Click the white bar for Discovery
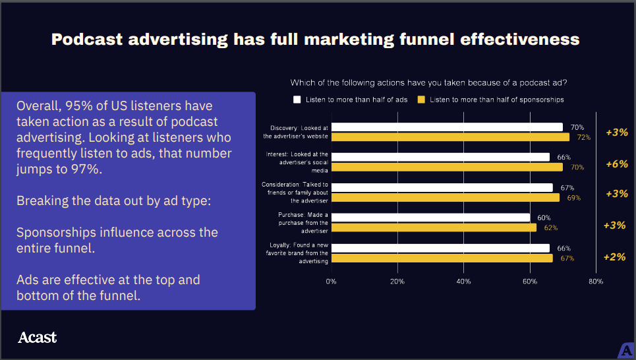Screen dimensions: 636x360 click(447, 127)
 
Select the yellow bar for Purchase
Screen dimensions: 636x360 click(434, 227)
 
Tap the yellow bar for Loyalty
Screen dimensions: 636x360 click(442, 258)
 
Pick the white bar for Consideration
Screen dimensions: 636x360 click(442, 187)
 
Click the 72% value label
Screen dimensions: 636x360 click(584, 137)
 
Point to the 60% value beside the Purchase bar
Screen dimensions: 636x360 click(544, 218)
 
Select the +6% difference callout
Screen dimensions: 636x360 click(616, 164)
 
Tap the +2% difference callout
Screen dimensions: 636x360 click(614, 257)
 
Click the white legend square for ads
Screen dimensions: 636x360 click(297, 100)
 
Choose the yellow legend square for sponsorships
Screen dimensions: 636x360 click(421, 100)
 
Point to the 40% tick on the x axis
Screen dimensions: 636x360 click(463, 282)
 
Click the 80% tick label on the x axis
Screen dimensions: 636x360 click(596, 282)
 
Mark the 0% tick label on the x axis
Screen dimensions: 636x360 click(331, 282)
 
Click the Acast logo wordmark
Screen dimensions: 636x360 click(38, 338)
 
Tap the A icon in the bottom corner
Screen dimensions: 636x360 click(627, 351)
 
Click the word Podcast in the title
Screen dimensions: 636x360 click(87, 40)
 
